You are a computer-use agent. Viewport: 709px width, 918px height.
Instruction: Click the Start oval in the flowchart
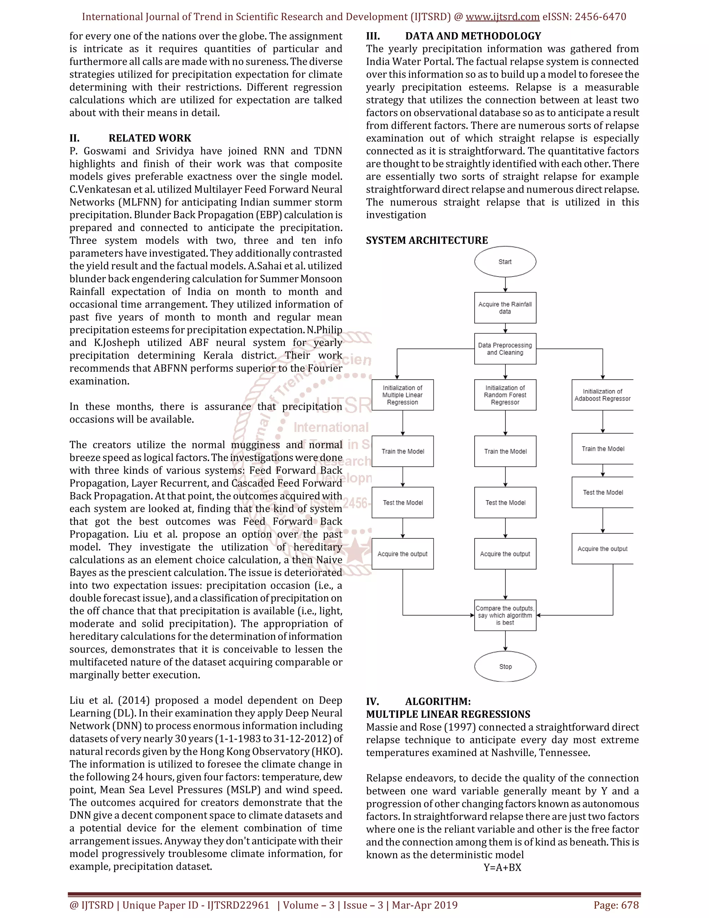click(505, 262)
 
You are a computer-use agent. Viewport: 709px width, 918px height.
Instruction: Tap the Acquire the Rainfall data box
click(505, 308)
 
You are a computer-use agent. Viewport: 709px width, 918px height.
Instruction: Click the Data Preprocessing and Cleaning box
click(505, 348)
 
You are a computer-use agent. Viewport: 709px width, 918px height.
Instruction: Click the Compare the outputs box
click(505, 615)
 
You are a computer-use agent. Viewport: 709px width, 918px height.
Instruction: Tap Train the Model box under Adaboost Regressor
click(602, 449)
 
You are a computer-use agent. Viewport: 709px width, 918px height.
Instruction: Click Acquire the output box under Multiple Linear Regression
click(402, 554)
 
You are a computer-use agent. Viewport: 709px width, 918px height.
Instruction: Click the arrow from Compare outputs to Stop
click(505, 641)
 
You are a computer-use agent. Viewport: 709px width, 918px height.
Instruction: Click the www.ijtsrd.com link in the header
click(502, 17)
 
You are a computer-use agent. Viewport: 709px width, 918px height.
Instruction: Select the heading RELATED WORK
click(150, 138)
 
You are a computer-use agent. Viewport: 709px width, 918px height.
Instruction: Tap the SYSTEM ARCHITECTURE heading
click(427, 240)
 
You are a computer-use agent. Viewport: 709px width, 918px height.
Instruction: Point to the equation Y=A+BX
click(502, 867)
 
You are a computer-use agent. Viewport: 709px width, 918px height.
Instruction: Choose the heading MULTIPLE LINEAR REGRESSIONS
click(448, 714)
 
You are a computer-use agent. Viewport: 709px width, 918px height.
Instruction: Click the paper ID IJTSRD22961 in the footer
click(238, 905)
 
